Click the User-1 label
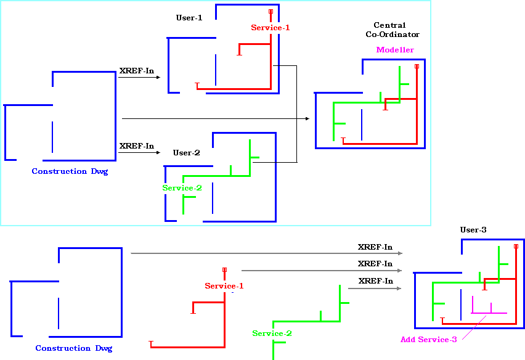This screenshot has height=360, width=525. coord(189,18)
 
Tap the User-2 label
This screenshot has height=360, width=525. coord(186,153)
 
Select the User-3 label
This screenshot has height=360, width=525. coord(473,230)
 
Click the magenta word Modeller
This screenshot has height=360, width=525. coord(395,50)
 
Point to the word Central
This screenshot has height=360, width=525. coord(389,25)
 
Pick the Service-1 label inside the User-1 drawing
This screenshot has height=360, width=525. coord(270,28)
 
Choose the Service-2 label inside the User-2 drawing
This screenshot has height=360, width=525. coord(182,188)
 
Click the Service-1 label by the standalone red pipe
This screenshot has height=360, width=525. coord(224,286)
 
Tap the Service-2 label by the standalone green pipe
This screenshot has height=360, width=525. coord(272,333)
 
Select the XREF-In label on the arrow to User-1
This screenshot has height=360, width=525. coord(137,71)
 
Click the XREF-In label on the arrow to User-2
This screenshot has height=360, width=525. coord(137,146)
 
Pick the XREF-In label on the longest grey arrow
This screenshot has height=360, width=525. coord(375,247)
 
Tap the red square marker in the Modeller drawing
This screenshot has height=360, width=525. coord(417,66)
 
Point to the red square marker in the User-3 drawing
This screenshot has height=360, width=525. coord(516,246)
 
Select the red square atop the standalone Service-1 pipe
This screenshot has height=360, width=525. coord(224,269)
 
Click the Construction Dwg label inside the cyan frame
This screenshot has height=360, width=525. coord(70,171)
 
